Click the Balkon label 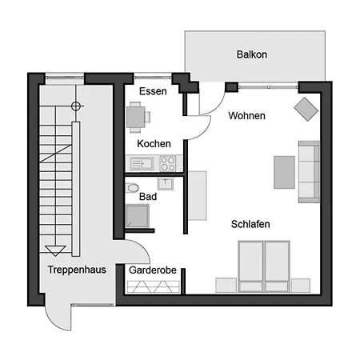(x=252, y=54)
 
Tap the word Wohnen (x=246, y=116)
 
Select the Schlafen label (x=250, y=224)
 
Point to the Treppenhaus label (x=77, y=270)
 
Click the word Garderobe (x=153, y=270)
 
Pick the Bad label (x=148, y=197)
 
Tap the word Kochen (x=154, y=144)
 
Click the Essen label (x=153, y=91)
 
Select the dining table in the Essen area (x=136, y=117)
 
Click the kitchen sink (x=142, y=163)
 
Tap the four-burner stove (x=168, y=163)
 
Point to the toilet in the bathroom (x=132, y=188)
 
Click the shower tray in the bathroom (x=138, y=216)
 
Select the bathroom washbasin (x=166, y=184)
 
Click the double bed (x=264, y=266)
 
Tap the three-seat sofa (x=309, y=172)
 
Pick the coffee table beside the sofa (x=284, y=172)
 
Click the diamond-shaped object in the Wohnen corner (x=306, y=110)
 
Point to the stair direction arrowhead (x=55, y=250)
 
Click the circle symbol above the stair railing (x=76, y=106)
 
